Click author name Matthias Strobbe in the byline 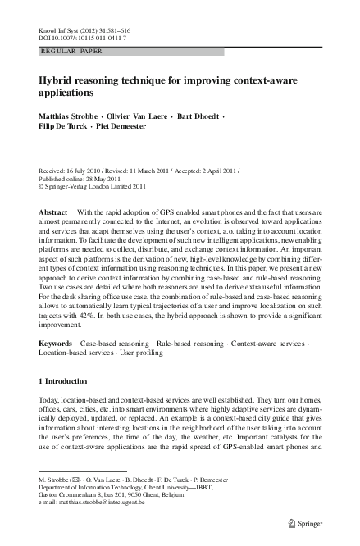70,116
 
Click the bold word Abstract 53,212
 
